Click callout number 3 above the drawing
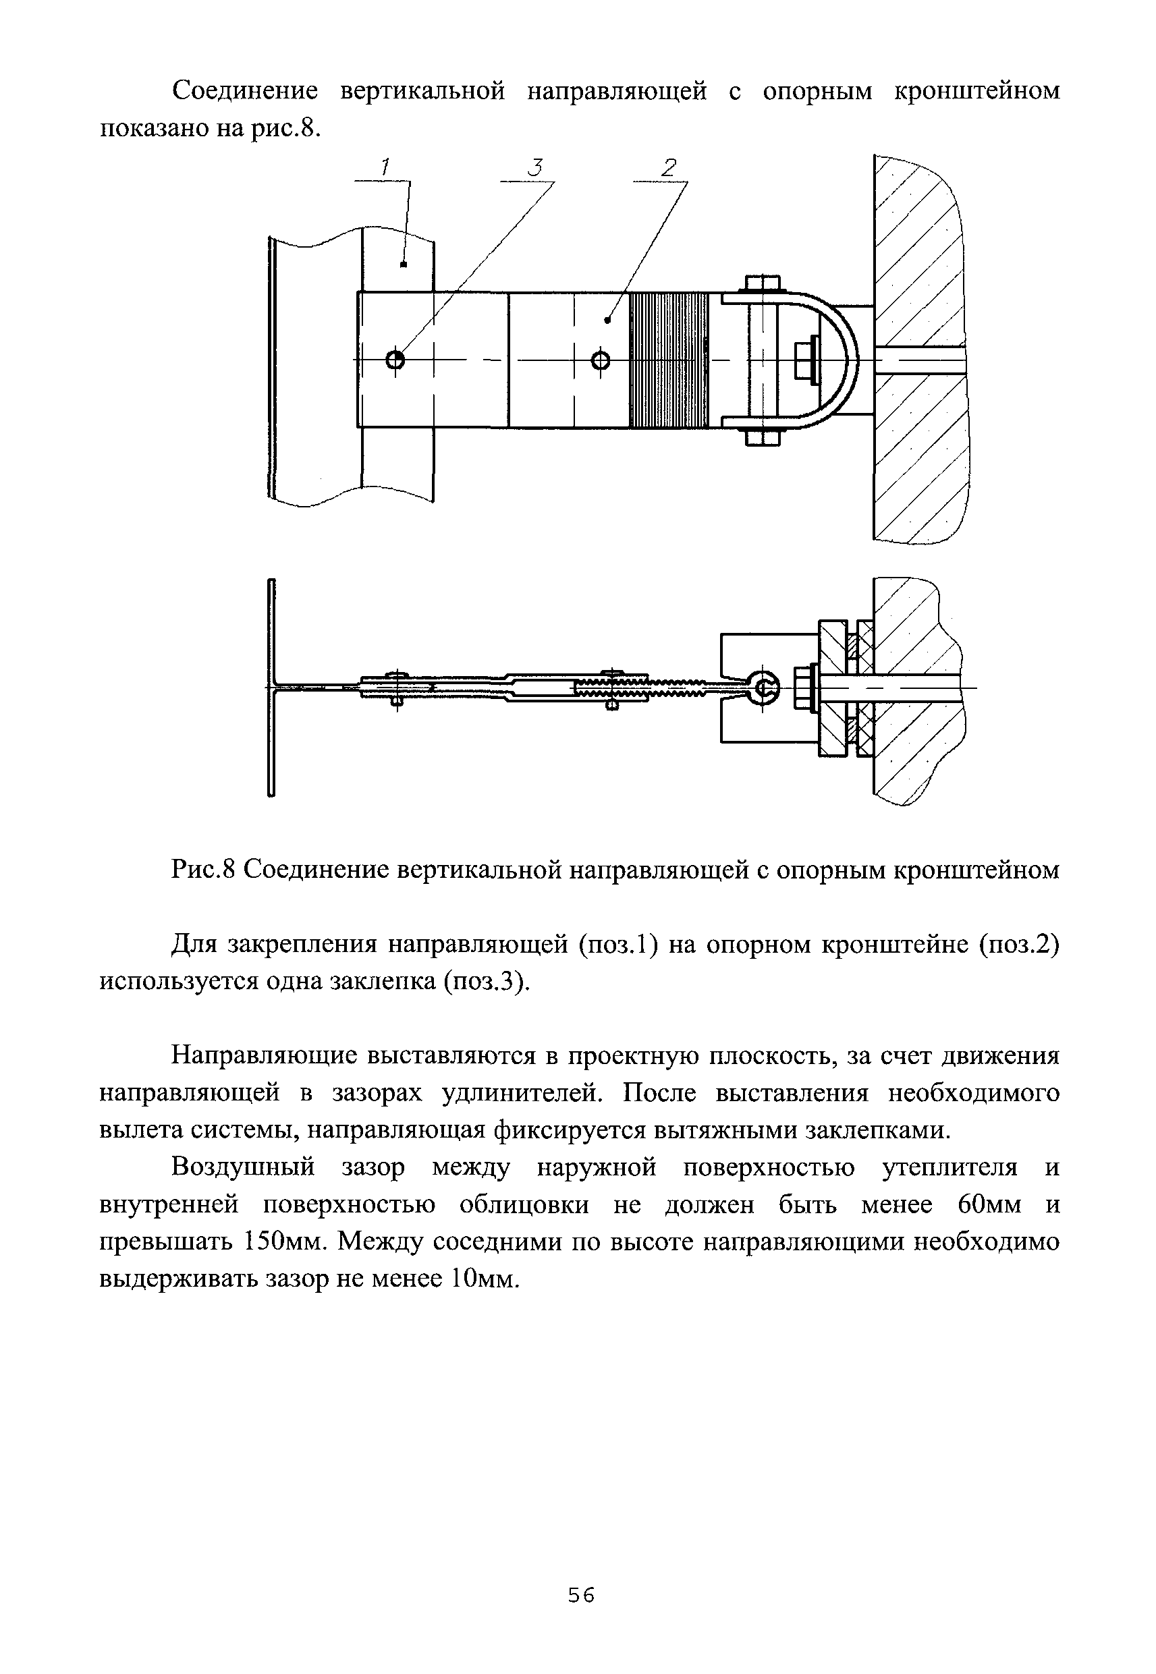coord(534,168)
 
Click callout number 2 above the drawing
coord(668,168)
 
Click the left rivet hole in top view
coord(395,359)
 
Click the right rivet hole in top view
coord(601,360)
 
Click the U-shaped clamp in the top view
coord(840,359)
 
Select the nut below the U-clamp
coord(761,437)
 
